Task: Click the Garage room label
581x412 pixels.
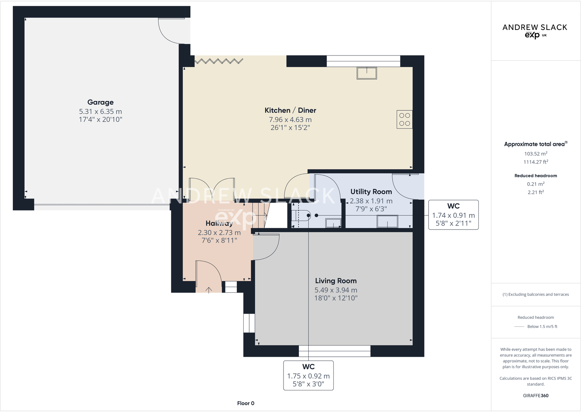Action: (x=100, y=102)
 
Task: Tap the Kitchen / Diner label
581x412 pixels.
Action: (x=290, y=110)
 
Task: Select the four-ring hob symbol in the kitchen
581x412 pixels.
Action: (x=405, y=120)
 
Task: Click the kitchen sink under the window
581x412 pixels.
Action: (x=367, y=73)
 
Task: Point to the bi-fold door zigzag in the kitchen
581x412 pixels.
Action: (x=219, y=61)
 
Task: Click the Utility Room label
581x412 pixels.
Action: (x=371, y=192)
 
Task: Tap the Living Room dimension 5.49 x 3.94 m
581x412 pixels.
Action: (x=336, y=290)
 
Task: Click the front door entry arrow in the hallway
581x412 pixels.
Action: (x=209, y=290)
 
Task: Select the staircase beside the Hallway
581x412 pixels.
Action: (x=260, y=216)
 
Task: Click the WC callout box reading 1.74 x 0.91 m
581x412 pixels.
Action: (x=453, y=215)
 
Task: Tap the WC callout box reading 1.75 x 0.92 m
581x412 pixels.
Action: (x=308, y=375)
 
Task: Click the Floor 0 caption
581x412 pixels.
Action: (x=246, y=403)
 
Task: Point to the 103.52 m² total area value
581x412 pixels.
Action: (x=536, y=154)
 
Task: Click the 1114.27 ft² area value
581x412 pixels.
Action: (x=536, y=162)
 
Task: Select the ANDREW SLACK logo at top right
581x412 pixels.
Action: (x=535, y=31)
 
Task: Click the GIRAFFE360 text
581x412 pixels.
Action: (x=536, y=396)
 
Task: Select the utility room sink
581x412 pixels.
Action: (x=387, y=222)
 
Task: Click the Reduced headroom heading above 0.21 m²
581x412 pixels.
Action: (x=536, y=176)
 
